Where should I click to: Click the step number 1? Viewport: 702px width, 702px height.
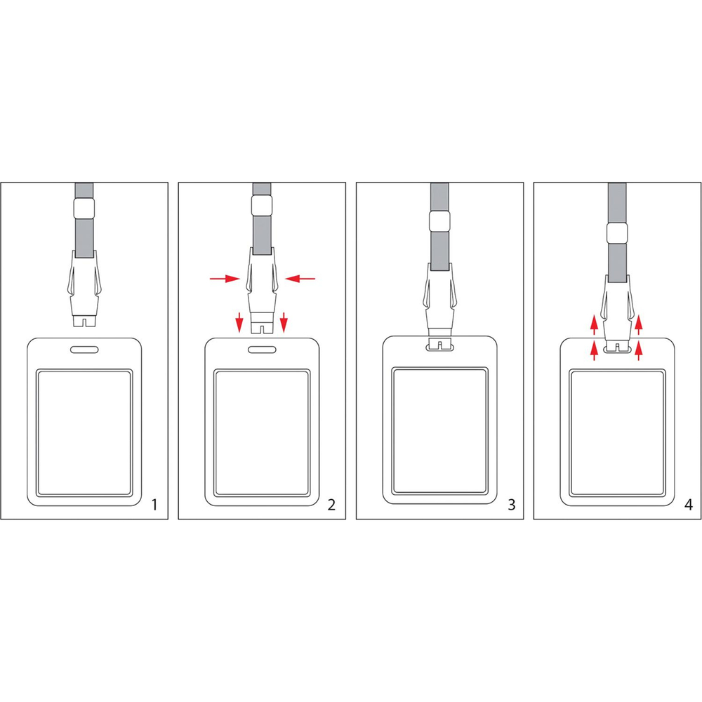(154, 505)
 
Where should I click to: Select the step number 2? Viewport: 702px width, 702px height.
(331, 505)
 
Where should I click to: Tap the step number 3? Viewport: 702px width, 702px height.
(512, 505)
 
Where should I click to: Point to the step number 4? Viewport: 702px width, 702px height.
(689, 505)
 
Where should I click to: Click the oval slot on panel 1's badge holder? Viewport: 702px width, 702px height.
(84, 349)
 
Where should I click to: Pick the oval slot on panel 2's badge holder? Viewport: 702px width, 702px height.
(262, 349)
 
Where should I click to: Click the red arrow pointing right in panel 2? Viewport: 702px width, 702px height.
(225, 279)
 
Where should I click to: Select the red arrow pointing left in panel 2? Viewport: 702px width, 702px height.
(300, 279)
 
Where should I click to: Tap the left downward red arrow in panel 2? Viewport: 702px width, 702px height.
(239, 322)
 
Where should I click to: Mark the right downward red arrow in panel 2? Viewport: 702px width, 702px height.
(284, 322)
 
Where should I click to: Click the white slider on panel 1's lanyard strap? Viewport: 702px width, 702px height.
(84, 208)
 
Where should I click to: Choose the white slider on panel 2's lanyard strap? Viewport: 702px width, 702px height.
(262, 206)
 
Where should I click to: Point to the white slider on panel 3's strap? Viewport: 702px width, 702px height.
(439, 221)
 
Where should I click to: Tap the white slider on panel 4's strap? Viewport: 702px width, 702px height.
(617, 233)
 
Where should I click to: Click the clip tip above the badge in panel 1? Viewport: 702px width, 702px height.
(84, 321)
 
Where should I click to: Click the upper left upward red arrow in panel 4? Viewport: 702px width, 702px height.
(594, 325)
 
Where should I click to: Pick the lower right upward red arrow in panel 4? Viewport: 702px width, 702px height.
(638, 350)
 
